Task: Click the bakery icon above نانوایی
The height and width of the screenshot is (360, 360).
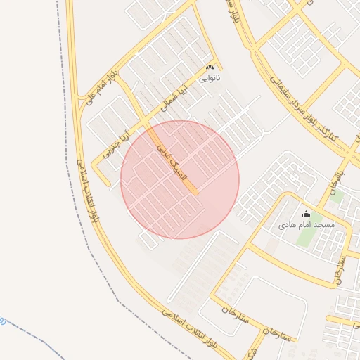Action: pos(209,67)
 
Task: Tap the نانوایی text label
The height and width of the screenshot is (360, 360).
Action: pos(209,78)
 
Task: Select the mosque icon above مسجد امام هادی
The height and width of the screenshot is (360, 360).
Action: pos(306,214)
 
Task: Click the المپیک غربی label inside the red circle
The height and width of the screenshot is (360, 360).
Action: pos(172,163)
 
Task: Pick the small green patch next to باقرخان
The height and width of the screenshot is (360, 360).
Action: pos(337,197)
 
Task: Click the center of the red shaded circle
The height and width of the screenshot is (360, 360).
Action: pos(180,179)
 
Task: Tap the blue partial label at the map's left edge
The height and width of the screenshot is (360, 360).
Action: pos(2,321)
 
